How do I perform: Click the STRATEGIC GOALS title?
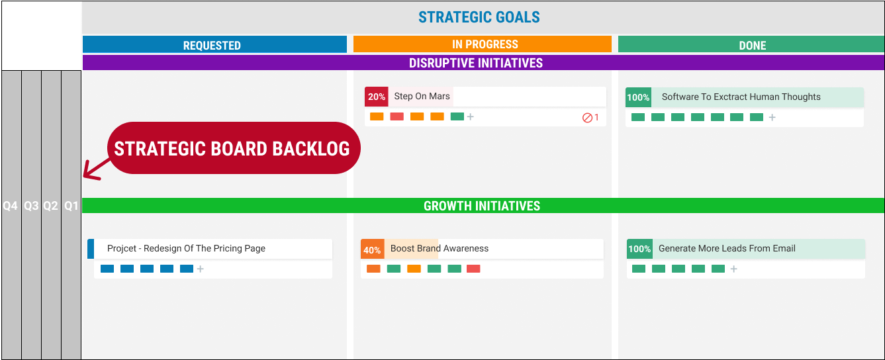479,17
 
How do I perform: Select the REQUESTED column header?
212,46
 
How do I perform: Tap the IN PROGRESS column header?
485,44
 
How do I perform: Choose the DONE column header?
752,46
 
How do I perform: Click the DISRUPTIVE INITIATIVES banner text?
476,63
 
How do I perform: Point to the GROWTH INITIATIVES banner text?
482,206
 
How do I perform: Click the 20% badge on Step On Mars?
377,97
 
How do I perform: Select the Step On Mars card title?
422,96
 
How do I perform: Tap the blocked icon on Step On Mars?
587,117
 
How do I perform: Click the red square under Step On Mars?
396,116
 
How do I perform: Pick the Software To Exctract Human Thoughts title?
741,97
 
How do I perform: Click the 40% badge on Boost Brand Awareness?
372,249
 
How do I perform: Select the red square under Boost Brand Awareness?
473,269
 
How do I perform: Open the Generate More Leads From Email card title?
727,248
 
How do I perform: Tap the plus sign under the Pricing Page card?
201,269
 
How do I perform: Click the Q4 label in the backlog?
11,206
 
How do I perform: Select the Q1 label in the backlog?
71,206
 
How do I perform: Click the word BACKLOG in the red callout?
311,149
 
